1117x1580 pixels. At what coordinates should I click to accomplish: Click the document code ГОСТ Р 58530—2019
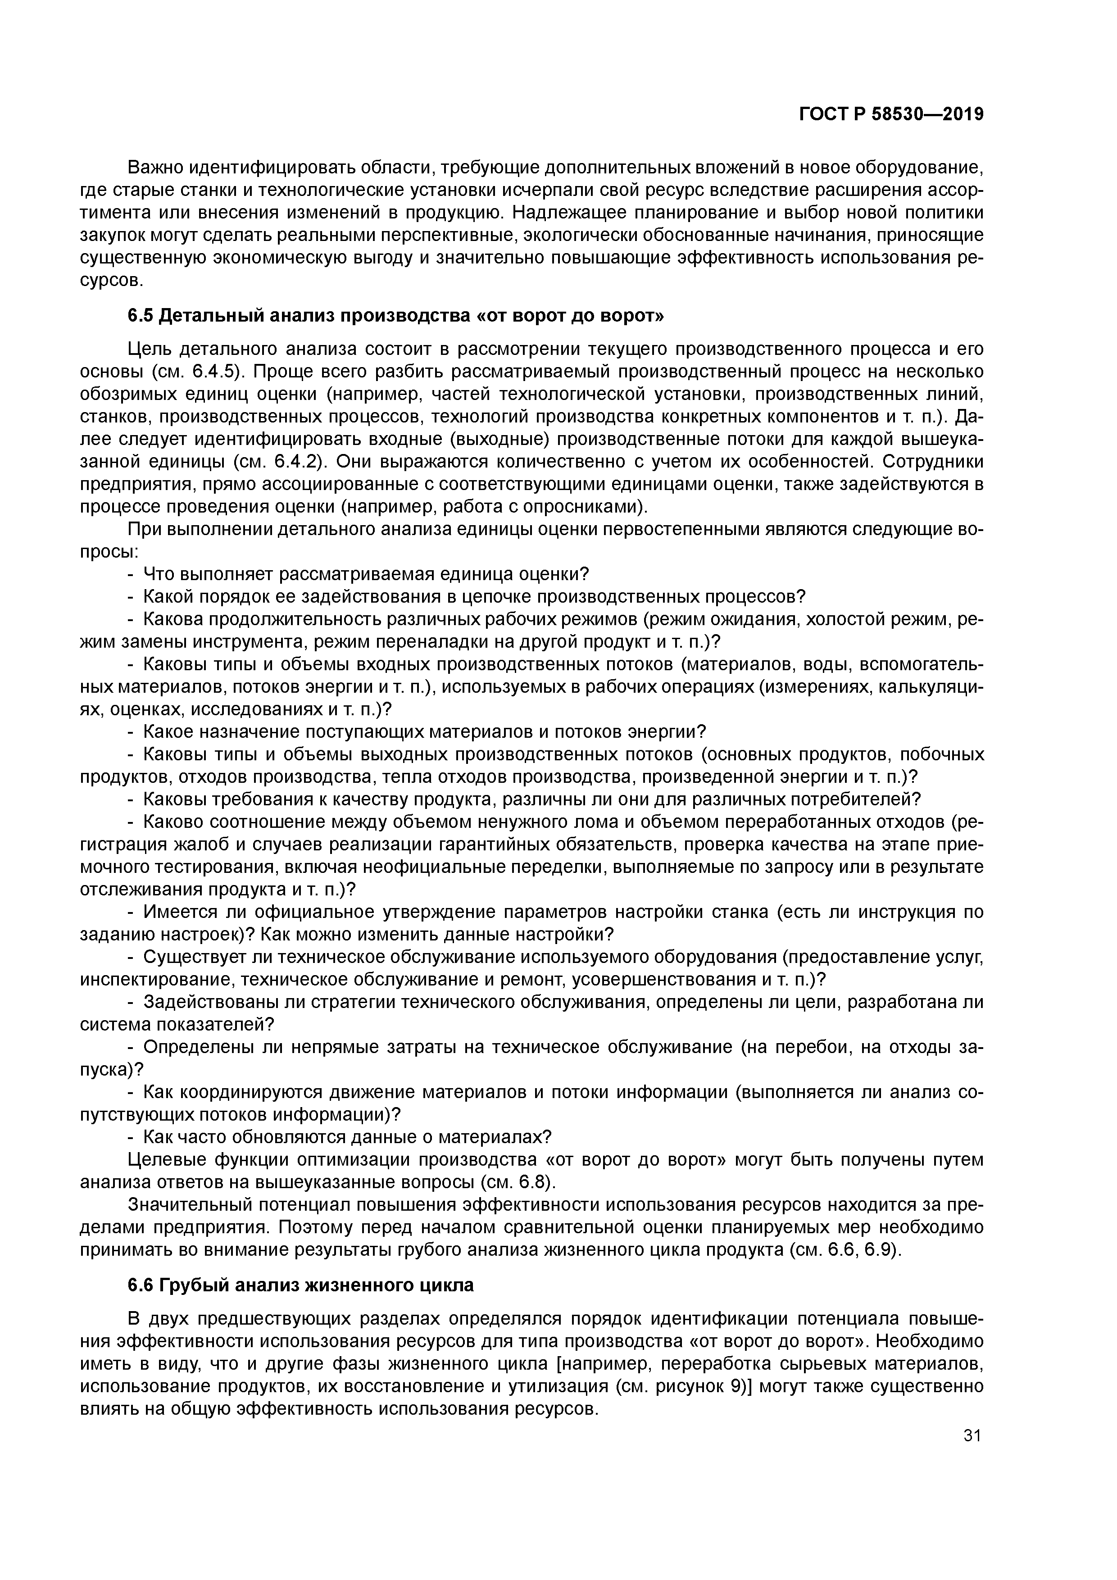point(891,114)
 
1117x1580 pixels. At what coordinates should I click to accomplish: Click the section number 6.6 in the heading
point(141,1285)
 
